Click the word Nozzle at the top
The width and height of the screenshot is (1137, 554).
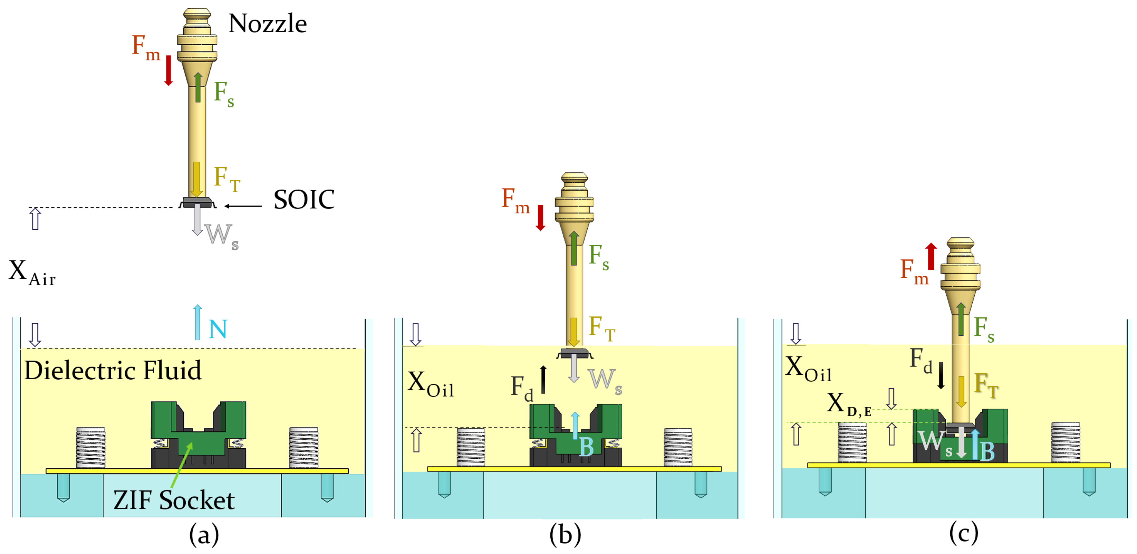pos(268,23)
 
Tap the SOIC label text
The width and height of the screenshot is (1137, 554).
pos(304,200)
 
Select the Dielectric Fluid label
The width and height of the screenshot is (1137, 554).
pos(113,370)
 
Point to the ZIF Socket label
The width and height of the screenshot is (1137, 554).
pos(174,500)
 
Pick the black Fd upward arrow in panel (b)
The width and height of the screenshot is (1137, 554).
pos(543,379)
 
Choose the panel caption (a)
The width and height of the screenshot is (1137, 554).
pos(204,535)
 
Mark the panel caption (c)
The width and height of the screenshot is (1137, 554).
pos(964,533)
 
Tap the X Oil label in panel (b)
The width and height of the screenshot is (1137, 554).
pos(430,383)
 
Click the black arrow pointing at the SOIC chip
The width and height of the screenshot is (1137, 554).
pos(243,206)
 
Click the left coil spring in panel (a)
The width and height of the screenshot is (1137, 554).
pos(90,447)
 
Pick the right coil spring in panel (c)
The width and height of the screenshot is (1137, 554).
pos(1066,442)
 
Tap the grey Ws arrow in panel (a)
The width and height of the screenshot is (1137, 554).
pos(197,219)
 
